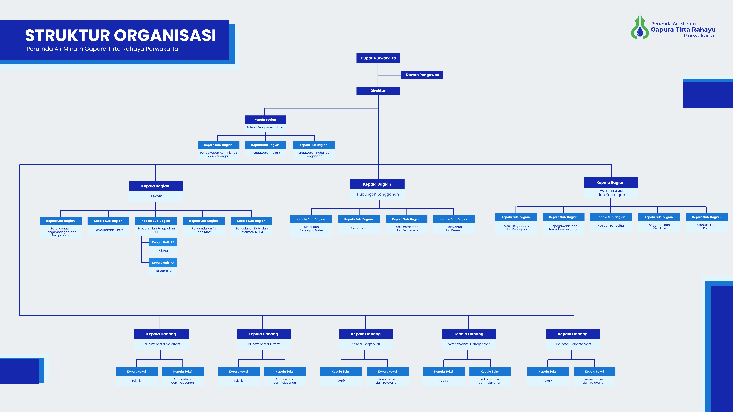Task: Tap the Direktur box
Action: click(x=378, y=91)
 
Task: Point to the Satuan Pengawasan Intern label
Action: click(x=266, y=127)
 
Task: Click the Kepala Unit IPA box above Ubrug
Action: click(x=163, y=242)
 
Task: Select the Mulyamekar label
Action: click(x=163, y=271)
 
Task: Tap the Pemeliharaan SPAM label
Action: click(x=109, y=230)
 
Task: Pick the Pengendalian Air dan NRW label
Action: click(x=204, y=230)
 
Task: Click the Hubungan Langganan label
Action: click(x=378, y=194)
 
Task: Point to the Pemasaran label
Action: click(x=359, y=228)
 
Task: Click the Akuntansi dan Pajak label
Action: click(x=707, y=226)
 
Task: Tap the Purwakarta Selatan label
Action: click(x=162, y=344)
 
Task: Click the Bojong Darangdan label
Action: click(x=573, y=344)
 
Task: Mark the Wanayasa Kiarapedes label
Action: click(x=469, y=344)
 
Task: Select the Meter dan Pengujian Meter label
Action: click(x=311, y=229)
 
